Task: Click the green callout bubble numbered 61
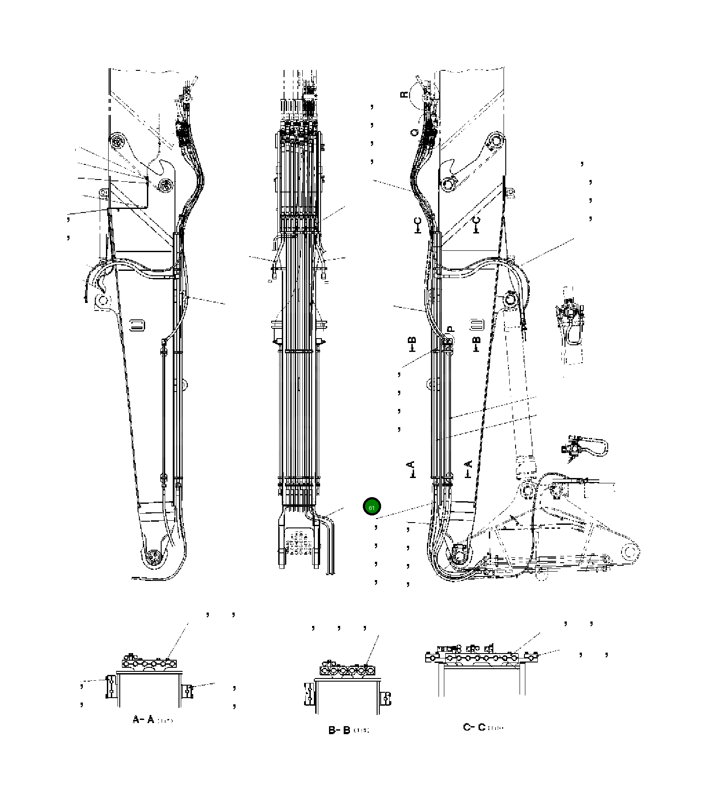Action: [372, 507]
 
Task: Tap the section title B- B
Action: [339, 730]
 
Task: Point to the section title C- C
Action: [475, 727]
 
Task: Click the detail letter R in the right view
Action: [404, 94]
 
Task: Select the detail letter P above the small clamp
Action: [450, 329]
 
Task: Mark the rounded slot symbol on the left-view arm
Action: [137, 325]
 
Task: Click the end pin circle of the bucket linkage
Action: [629, 553]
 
